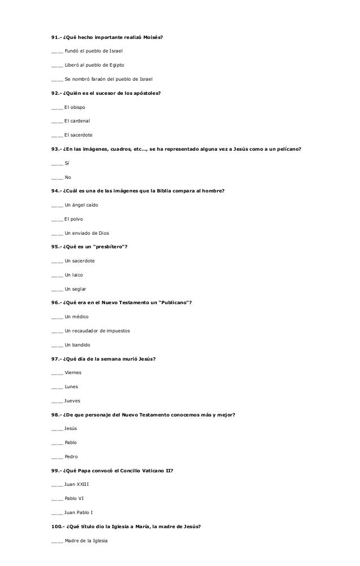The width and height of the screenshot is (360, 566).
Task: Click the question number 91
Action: coord(56,37)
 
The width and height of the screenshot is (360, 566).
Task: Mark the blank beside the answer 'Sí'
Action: coord(56,163)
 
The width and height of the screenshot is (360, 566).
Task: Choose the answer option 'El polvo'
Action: coord(74,218)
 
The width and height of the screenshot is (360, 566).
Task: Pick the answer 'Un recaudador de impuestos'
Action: coord(98,330)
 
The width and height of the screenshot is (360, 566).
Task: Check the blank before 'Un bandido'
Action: coord(56,344)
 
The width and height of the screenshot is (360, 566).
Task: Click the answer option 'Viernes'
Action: coord(73,372)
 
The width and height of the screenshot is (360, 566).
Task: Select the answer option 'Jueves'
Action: coord(73,400)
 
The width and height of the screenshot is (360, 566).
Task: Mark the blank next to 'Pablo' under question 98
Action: coord(56,442)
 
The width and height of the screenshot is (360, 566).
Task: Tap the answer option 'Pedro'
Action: coord(71,456)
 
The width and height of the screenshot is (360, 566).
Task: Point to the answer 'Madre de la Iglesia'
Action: coord(89,539)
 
